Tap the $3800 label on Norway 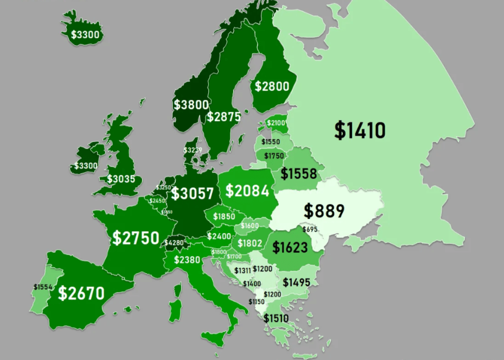tap(192, 104)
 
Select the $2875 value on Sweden tap(224, 117)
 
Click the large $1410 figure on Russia tap(360, 130)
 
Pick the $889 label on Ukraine tap(324, 211)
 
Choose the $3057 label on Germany tap(193, 193)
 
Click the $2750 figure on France tap(136, 238)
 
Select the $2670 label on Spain tap(81, 293)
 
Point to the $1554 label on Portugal tap(43, 286)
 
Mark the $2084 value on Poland tap(247, 191)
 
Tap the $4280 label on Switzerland tap(174, 242)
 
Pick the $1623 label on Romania tap(290, 248)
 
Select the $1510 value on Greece tap(276, 318)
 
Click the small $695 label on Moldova tap(310, 230)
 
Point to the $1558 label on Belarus tap(298, 174)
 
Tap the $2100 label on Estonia tap(276, 123)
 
